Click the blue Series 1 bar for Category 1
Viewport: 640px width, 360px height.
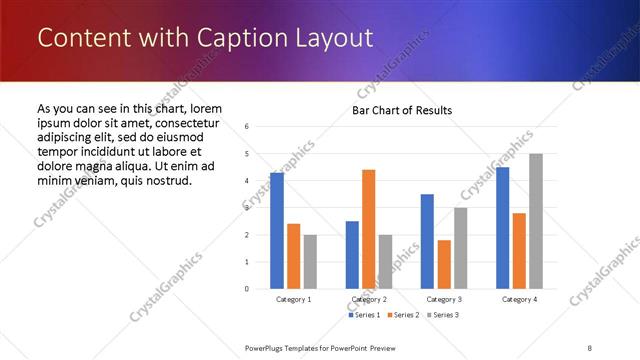point(277,231)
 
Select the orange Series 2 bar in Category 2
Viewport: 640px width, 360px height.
point(369,229)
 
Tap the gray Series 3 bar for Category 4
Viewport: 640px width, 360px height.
point(536,221)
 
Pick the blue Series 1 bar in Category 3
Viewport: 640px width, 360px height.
point(427,241)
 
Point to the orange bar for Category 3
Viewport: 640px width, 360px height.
point(444,264)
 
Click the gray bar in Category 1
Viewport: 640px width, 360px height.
point(311,262)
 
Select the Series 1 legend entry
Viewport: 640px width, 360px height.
point(364,315)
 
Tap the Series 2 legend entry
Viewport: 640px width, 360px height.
point(403,315)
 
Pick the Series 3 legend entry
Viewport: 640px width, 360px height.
point(442,315)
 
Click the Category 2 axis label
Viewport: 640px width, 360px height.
point(369,299)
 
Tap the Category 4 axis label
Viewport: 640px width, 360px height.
point(519,299)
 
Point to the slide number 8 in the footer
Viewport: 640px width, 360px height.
point(590,347)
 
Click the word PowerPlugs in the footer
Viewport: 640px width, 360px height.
point(270,347)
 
